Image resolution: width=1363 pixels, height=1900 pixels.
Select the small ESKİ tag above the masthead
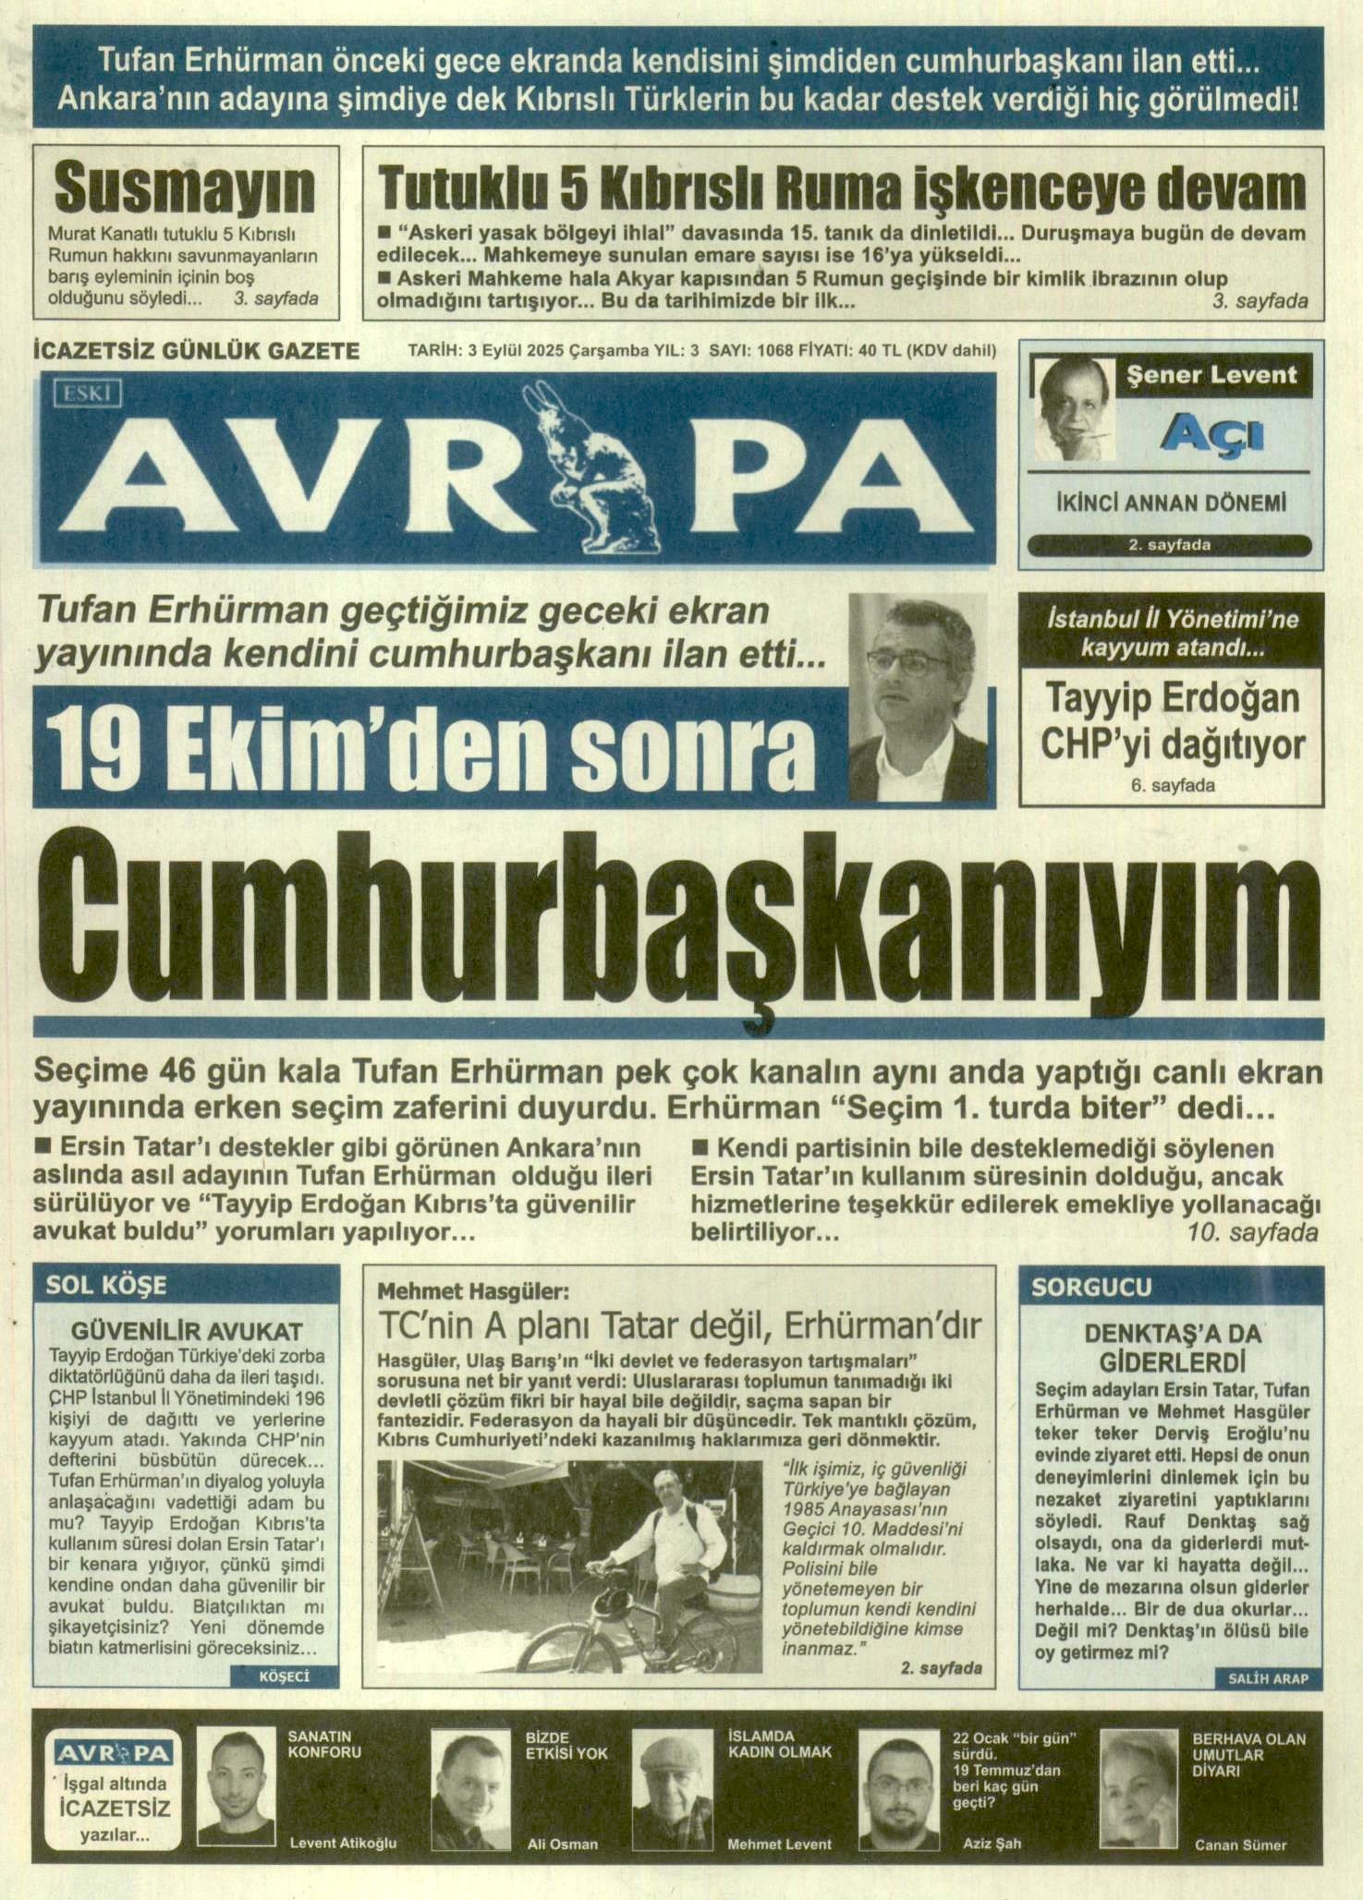pyautogui.click(x=88, y=394)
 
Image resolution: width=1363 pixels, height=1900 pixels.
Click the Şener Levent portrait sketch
pyautogui.click(x=1074, y=409)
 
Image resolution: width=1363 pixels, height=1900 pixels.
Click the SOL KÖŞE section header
pyautogui.click(x=106, y=1285)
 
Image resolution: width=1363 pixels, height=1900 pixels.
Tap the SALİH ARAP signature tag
pyautogui.click(x=1268, y=1678)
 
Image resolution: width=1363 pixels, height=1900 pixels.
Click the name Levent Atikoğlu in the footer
pyautogui.click(x=343, y=1843)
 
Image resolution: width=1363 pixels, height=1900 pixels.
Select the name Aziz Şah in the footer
pyautogui.click(x=992, y=1843)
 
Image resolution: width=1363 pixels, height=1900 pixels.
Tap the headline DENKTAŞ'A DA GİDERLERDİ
pyautogui.click(x=1172, y=1348)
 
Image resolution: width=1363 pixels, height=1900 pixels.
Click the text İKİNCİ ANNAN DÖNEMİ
pyautogui.click(x=1170, y=503)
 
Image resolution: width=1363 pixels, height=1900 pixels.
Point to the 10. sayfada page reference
pyautogui.click(x=1252, y=1232)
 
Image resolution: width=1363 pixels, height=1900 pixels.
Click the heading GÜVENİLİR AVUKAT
pyautogui.click(x=187, y=1331)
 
